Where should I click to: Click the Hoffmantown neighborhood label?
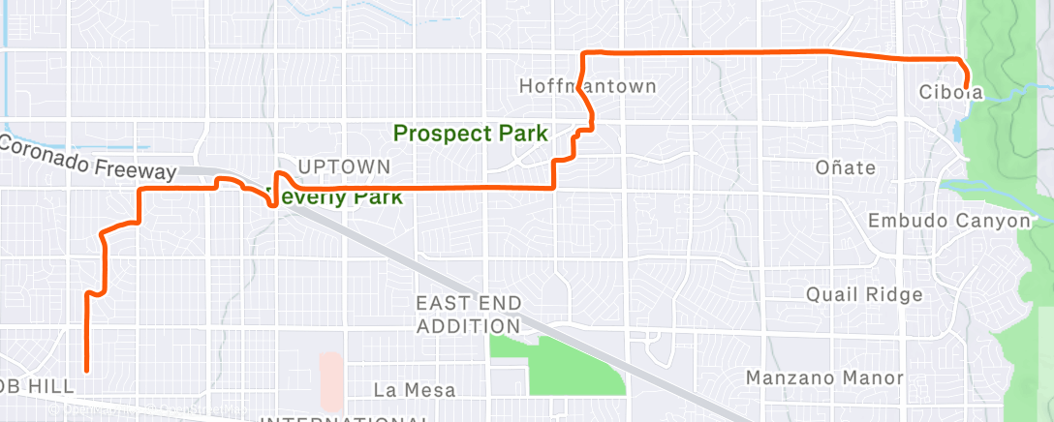coord(587,86)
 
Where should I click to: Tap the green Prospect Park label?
coord(471,133)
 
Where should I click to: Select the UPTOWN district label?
coord(344,167)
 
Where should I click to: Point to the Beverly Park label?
coord(334,196)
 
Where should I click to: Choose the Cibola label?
coord(950,93)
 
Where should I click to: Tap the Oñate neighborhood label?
coord(845,167)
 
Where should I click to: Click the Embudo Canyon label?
coord(947,221)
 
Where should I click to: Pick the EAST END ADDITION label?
coord(468,315)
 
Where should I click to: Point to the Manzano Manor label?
coord(823,377)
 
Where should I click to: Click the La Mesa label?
coord(415,389)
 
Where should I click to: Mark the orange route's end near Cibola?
coord(966,88)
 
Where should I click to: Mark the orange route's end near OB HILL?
coord(87,370)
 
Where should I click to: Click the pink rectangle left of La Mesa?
coord(331,379)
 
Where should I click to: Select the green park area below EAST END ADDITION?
coord(562,363)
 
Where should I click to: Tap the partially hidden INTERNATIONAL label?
coord(346,418)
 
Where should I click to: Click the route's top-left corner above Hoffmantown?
coord(582,52)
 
